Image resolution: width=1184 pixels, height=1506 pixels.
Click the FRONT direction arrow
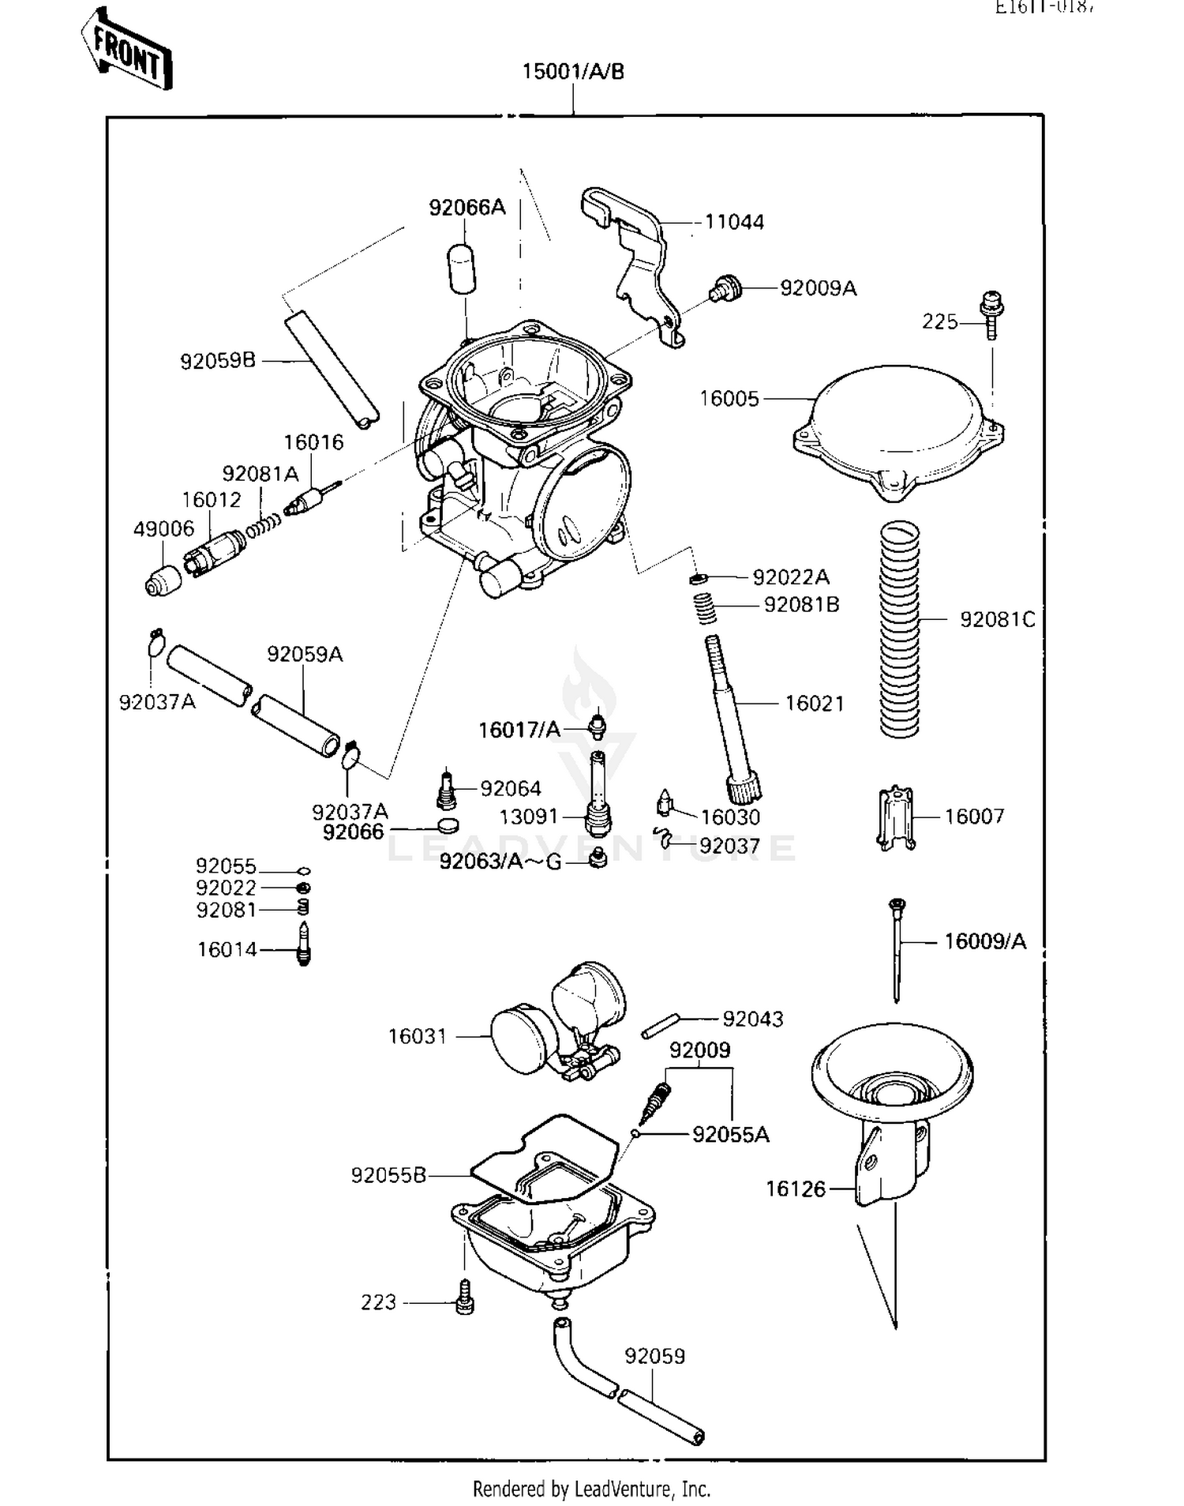126,49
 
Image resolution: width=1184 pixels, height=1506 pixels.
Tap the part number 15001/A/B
573,72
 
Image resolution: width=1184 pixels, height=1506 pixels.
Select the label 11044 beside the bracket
733,222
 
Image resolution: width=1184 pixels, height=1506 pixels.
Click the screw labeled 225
991,314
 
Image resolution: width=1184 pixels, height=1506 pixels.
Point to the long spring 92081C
899,629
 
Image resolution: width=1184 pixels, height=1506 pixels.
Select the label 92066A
466,208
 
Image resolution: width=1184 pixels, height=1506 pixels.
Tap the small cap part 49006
163,580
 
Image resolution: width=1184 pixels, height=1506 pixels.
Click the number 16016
313,442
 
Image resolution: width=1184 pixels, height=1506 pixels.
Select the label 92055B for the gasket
388,1176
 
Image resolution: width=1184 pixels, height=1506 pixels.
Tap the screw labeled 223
465,1297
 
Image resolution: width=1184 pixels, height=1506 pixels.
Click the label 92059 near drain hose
654,1357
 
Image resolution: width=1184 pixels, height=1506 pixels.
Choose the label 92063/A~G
500,861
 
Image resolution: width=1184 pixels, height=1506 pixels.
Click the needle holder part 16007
896,818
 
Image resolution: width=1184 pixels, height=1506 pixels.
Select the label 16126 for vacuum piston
796,1189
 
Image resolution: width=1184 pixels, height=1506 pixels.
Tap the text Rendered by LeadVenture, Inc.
591,1489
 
